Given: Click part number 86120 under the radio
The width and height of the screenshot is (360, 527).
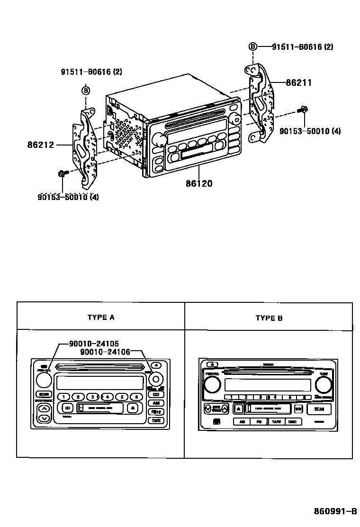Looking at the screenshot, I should (x=198, y=182).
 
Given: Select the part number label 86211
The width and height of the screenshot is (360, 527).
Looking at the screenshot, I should (x=298, y=82).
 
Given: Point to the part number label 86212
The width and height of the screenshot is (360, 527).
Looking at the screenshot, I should (x=41, y=145).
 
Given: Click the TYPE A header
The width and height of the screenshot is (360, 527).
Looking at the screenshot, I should (x=100, y=318).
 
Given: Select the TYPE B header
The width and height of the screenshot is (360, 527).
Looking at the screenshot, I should (x=269, y=318).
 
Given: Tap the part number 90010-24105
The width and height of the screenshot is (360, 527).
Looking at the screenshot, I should (x=94, y=344).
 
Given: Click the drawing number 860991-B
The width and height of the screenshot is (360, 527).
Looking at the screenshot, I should (x=335, y=512).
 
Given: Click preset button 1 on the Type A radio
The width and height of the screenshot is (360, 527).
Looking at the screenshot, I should (x=63, y=397).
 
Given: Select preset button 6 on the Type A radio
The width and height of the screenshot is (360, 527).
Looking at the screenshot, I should (x=136, y=397).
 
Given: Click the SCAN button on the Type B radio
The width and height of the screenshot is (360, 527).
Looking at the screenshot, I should (x=319, y=409).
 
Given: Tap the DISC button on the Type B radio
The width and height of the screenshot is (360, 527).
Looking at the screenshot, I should (x=292, y=421).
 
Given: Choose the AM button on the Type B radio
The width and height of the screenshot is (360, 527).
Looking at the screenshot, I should (x=242, y=421).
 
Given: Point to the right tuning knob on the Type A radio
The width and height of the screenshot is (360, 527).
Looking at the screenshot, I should (x=155, y=379).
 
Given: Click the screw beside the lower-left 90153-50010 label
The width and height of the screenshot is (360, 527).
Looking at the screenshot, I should (x=62, y=174).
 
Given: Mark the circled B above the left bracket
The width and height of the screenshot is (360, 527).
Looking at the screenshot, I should (x=86, y=91).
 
